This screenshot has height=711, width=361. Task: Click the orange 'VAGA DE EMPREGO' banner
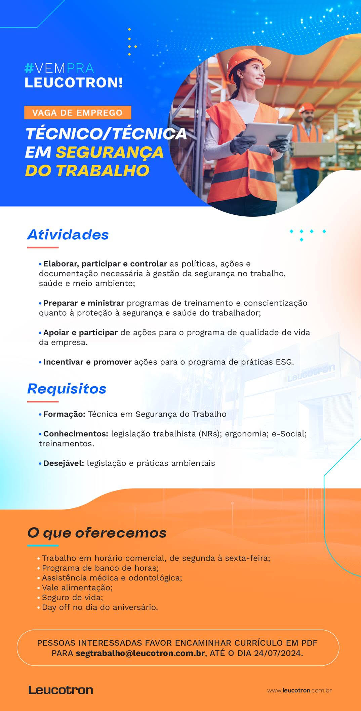pos(78,112)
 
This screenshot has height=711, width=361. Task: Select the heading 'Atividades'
pos(68,235)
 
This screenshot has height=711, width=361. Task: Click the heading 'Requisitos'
pos(67,389)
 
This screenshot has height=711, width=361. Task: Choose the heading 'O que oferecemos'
pos(97,533)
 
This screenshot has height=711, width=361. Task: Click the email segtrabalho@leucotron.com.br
pos(141,653)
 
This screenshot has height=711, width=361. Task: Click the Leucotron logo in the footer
pos(61,690)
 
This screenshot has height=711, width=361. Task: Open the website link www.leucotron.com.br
pos(299,690)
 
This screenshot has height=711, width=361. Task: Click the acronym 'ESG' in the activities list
pos(285,362)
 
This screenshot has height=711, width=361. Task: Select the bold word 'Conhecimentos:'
pos(76,434)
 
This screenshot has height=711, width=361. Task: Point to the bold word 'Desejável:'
pos(64,463)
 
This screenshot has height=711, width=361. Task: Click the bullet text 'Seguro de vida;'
pos(72,597)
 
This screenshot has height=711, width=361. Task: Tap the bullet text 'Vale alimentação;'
pos(77,588)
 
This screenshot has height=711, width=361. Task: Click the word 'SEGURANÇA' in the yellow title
pos(110,152)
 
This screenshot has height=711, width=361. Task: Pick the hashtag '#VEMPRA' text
pos(59,68)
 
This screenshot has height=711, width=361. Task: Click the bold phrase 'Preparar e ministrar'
pos(84,303)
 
